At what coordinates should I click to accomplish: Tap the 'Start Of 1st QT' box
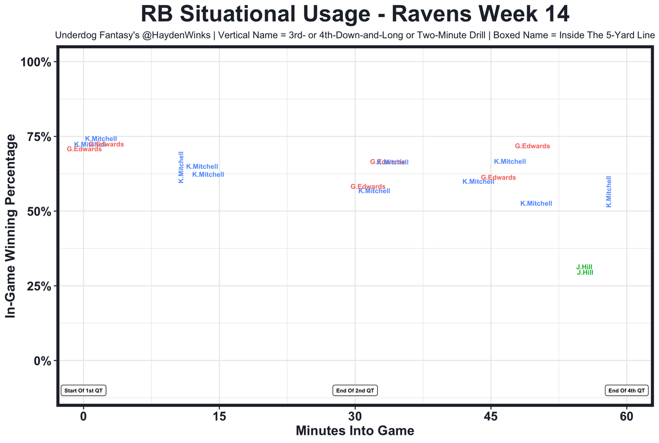(x=83, y=391)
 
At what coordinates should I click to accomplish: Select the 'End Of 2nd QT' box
(x=355, y=391)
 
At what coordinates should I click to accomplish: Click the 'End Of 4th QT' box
(x=626, y=391)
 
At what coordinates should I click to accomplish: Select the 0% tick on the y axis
(x=40, y=361)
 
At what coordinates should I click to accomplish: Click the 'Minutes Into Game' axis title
(x=355, y=430)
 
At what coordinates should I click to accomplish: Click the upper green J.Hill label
(x=584, y=267)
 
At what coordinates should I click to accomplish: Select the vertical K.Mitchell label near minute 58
(x=609, y=191)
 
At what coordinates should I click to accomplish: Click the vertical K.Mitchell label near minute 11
(x=181, y=167)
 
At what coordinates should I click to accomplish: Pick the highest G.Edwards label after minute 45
(x=532, y=146)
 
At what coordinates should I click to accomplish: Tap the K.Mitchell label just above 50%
(x=536, y=204)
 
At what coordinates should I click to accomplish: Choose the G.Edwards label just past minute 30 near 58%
(x=368, y=187)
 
